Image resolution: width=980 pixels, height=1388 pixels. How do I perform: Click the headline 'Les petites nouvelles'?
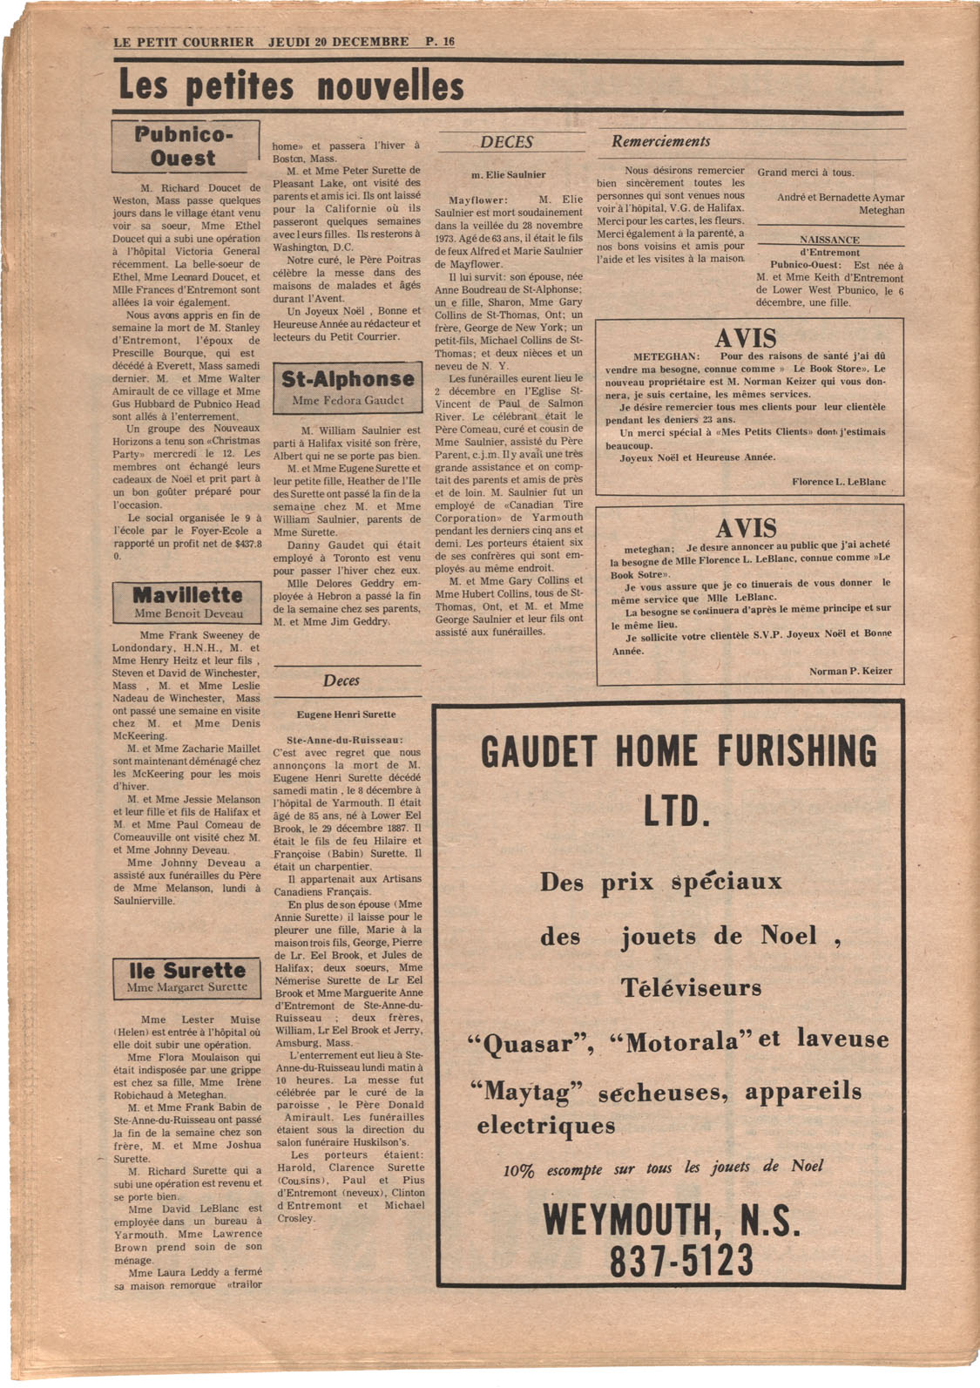point(291,88)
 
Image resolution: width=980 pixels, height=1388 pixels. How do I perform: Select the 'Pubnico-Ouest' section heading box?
point(185,146)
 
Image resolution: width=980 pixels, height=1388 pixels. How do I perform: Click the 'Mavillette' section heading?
point(187,595)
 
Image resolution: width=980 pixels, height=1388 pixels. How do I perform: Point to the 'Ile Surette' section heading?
point(187,971)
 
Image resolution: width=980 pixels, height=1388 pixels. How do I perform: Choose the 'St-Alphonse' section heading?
point(348,379)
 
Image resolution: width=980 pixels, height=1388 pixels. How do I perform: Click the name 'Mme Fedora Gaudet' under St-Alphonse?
point(348,401)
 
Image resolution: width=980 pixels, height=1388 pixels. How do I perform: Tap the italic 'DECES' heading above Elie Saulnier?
point(507,143)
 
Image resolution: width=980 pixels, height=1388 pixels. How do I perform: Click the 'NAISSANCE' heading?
point(829,240)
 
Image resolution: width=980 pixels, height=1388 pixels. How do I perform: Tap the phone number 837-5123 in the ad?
point(669,1260)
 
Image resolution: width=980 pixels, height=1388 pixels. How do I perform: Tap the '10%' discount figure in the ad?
point(518,1171)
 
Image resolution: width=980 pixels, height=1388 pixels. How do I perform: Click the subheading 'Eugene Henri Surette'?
point(347,714)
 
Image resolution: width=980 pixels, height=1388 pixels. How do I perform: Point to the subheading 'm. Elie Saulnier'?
point(509,174)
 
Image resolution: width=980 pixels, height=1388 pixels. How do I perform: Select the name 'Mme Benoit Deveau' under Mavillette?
point(187,613)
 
